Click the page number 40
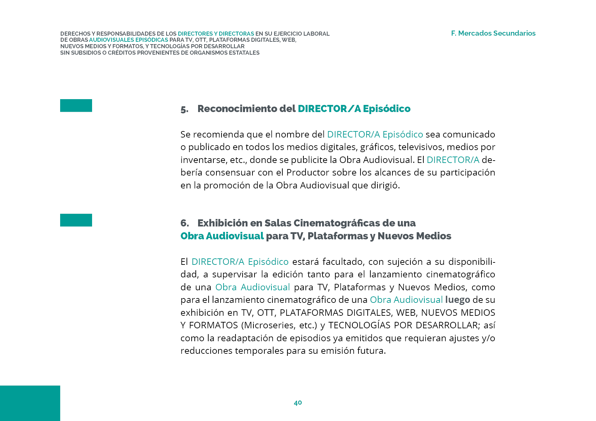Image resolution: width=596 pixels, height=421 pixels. coord(298,403)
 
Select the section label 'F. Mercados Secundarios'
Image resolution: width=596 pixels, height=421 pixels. coord(493,33)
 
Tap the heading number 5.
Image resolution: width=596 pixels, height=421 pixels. coord(184,109)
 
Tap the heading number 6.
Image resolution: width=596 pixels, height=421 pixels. coord(185,223)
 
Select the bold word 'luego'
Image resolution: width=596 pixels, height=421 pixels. coord(457,300)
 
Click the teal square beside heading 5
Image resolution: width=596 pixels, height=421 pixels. coord(76,106)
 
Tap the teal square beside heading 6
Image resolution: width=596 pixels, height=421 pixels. coord(76,220)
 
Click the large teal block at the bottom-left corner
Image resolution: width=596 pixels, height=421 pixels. coord(30,403)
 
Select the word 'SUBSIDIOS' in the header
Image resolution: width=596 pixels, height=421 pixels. coord(85,53)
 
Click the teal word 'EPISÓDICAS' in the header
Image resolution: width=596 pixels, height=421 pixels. coord(152,40)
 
